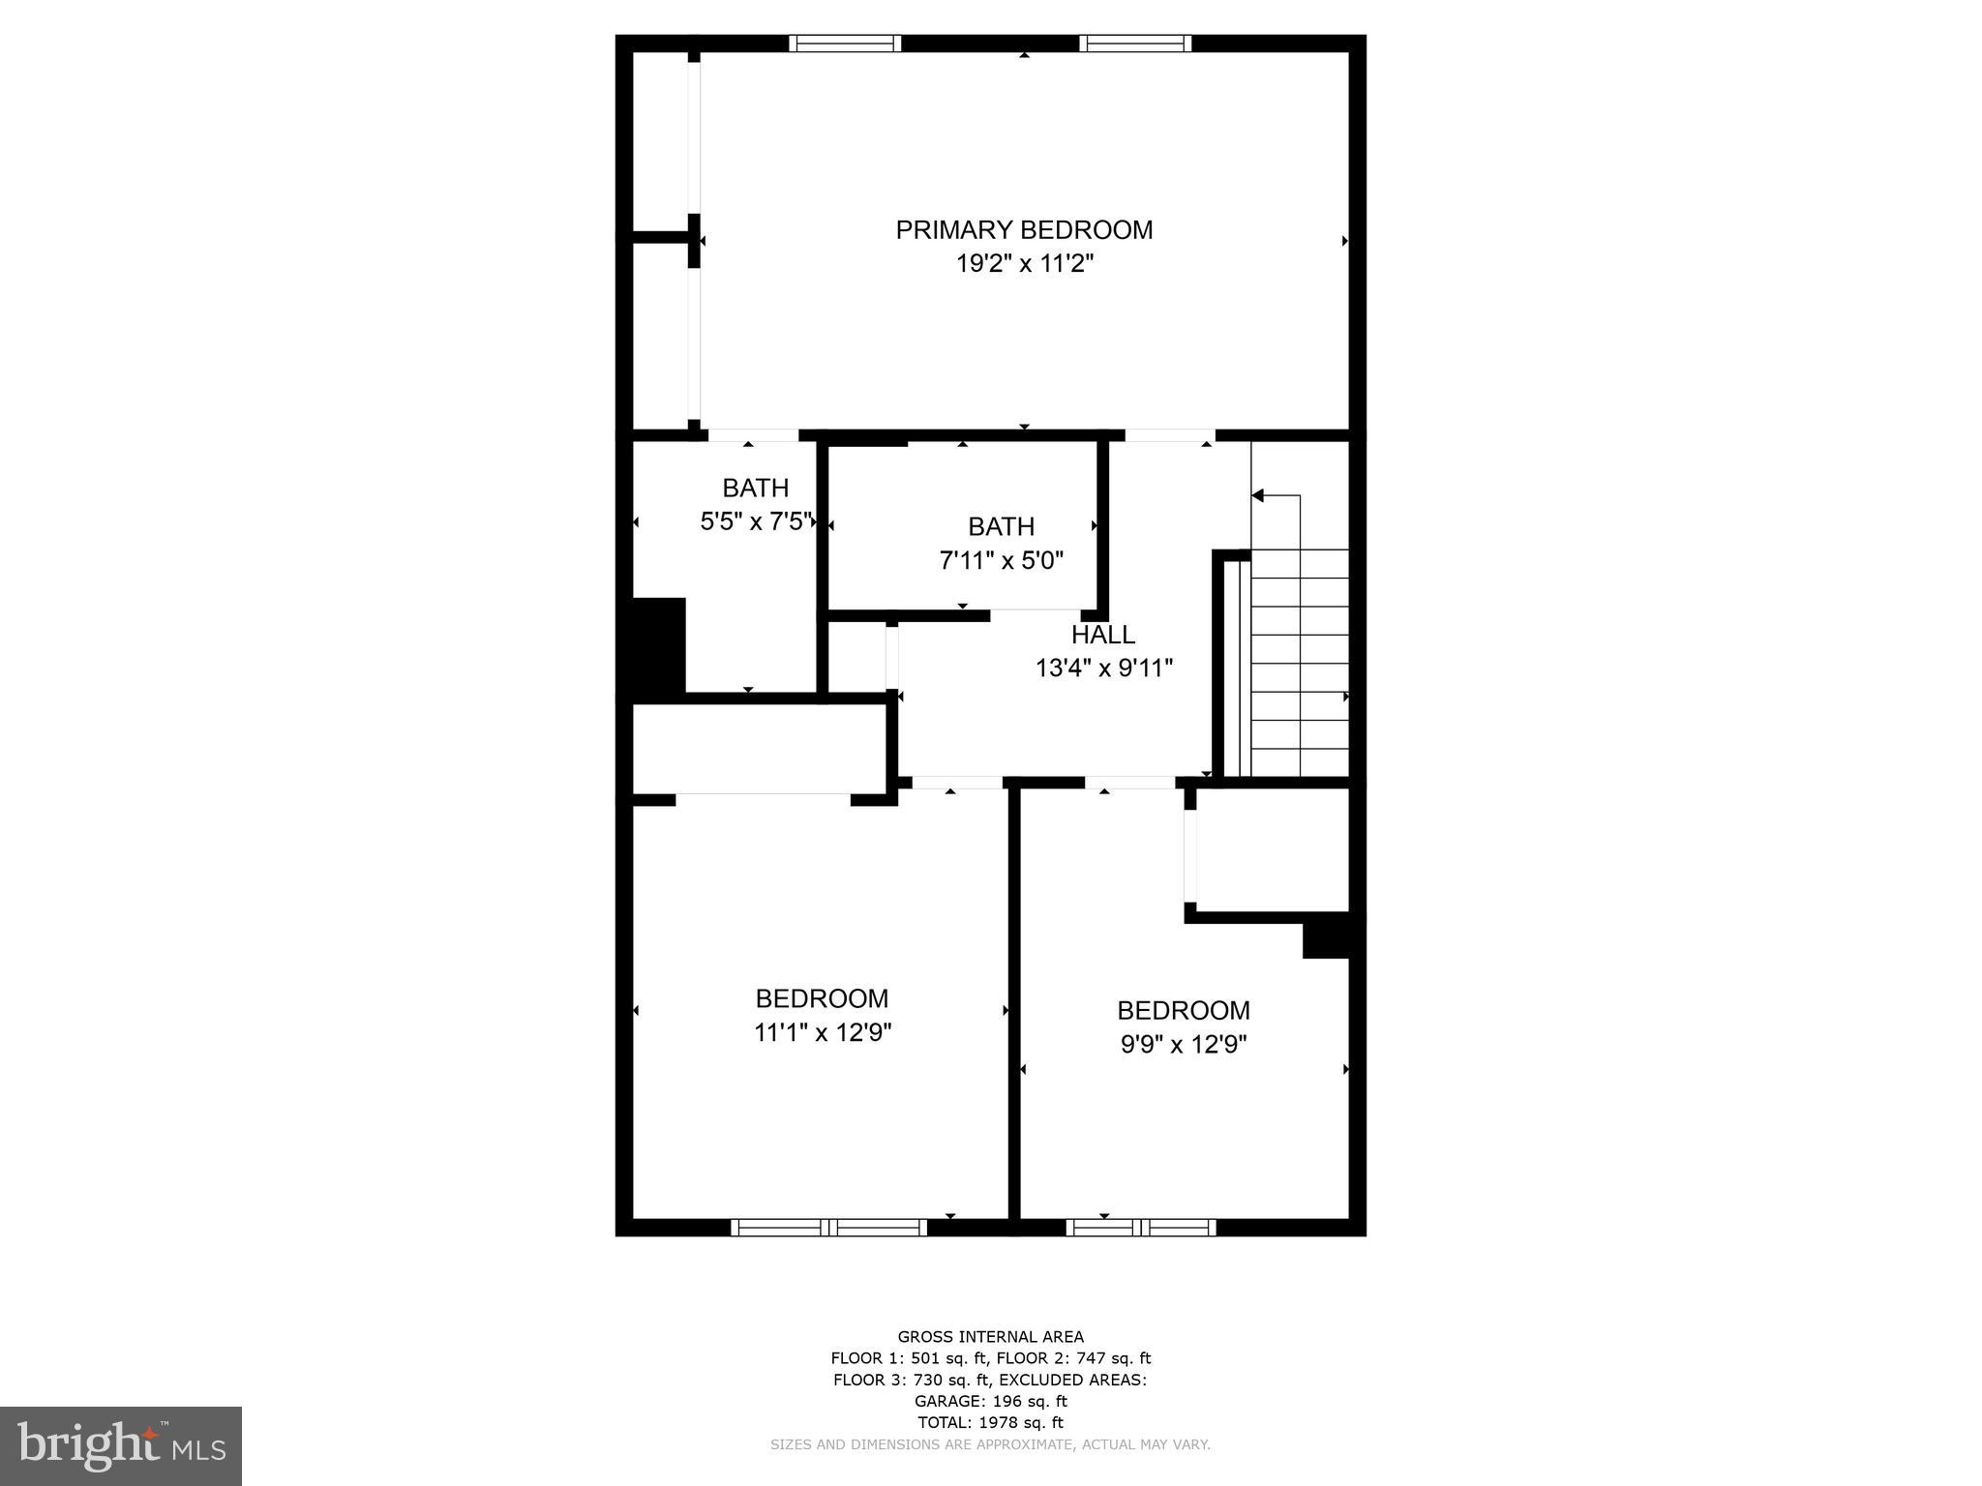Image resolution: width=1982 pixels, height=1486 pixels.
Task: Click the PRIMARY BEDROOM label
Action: tap(1024, 230)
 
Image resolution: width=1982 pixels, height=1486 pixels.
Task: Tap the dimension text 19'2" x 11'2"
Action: tap(1024, 264)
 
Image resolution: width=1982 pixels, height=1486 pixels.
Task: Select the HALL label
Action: tap(1102, 636)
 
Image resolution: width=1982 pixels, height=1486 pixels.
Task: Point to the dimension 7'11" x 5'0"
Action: tap(1001, 561)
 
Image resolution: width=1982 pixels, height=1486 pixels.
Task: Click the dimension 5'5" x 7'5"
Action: tap(756, 522)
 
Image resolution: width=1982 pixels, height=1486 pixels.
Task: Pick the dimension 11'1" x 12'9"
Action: tap(822, 1033)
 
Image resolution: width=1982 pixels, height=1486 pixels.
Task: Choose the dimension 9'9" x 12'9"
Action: tap(1184, 1046)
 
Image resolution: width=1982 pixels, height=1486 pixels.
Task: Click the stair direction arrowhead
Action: tap(1258, 496)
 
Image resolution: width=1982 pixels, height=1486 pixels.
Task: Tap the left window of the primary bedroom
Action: tap(845, 44)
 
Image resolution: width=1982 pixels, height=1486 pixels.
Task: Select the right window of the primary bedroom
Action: tap(1135, 44)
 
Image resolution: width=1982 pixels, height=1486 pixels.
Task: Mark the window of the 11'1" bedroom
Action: tap(828, 1228)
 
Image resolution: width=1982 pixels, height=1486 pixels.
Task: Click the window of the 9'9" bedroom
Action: tap(1141, 1228)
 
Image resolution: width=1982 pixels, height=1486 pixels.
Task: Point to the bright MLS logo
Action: tap(121, 1445)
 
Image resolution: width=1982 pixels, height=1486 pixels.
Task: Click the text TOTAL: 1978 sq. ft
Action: tap(990, 1423)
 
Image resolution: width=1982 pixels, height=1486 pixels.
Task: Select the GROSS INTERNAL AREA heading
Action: tap(990, 1338)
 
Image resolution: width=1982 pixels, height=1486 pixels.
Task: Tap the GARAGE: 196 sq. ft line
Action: tap(990, 1402)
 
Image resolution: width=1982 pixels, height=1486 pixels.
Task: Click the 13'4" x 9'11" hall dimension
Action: tap(1103, 669)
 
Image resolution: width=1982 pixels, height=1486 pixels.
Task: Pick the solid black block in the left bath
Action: tap(658, 645)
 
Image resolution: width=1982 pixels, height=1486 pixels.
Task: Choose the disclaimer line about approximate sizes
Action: tap(990, 1445)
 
